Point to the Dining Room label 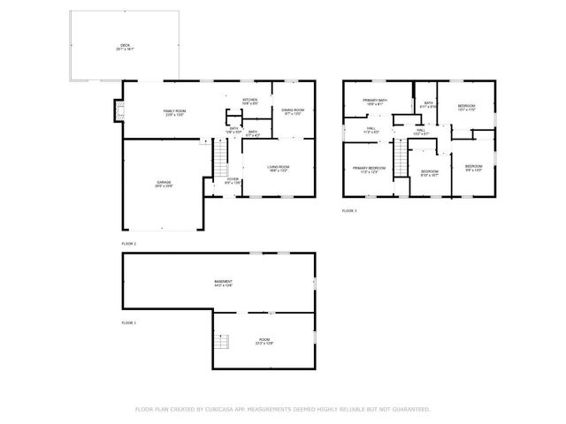click(292, 111)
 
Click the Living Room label click(279, 168)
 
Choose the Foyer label click(233, 181)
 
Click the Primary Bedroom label click(369, 170)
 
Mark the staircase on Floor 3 click(401, 160)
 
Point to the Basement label click(223, 283)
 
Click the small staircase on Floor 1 click(225, 342)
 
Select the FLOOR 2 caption click(129, 243)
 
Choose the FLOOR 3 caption click(349, 211)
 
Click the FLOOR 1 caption click(129, 323)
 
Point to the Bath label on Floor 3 click(428, 104)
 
